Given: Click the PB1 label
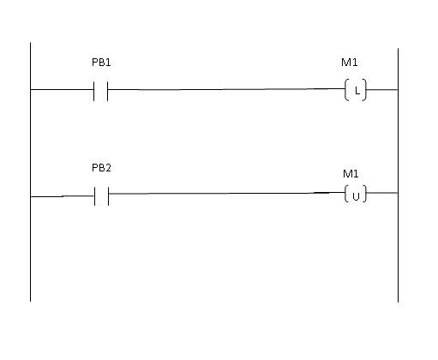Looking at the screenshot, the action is point(101,63).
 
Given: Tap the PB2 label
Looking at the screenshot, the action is point(101,168).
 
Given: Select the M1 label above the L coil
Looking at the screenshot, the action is point(350,63).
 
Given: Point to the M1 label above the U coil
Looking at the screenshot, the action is point(351,174).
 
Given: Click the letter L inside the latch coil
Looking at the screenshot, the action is point(357,91).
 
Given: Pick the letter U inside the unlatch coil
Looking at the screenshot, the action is point(356,196).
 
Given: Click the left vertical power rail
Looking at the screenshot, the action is point(30,172).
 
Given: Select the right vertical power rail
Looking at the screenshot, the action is point(398,175).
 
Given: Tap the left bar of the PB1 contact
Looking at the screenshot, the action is point(93,91).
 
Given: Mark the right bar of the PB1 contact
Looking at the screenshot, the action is point(108,91).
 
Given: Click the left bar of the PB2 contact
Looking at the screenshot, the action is point(94,196).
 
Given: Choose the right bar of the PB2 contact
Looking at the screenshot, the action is point(109,196).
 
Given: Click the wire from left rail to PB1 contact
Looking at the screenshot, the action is point(62,90).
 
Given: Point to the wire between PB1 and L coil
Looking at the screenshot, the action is point(226,89).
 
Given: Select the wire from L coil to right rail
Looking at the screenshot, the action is point(382,90).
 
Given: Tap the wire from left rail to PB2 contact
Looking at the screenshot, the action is point(63,196).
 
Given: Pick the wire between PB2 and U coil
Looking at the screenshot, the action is point(227,193).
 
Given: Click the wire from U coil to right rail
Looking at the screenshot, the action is point(382,193).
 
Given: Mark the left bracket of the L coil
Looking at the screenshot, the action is point(345,90).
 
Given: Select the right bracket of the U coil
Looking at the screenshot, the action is point(365,194).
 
